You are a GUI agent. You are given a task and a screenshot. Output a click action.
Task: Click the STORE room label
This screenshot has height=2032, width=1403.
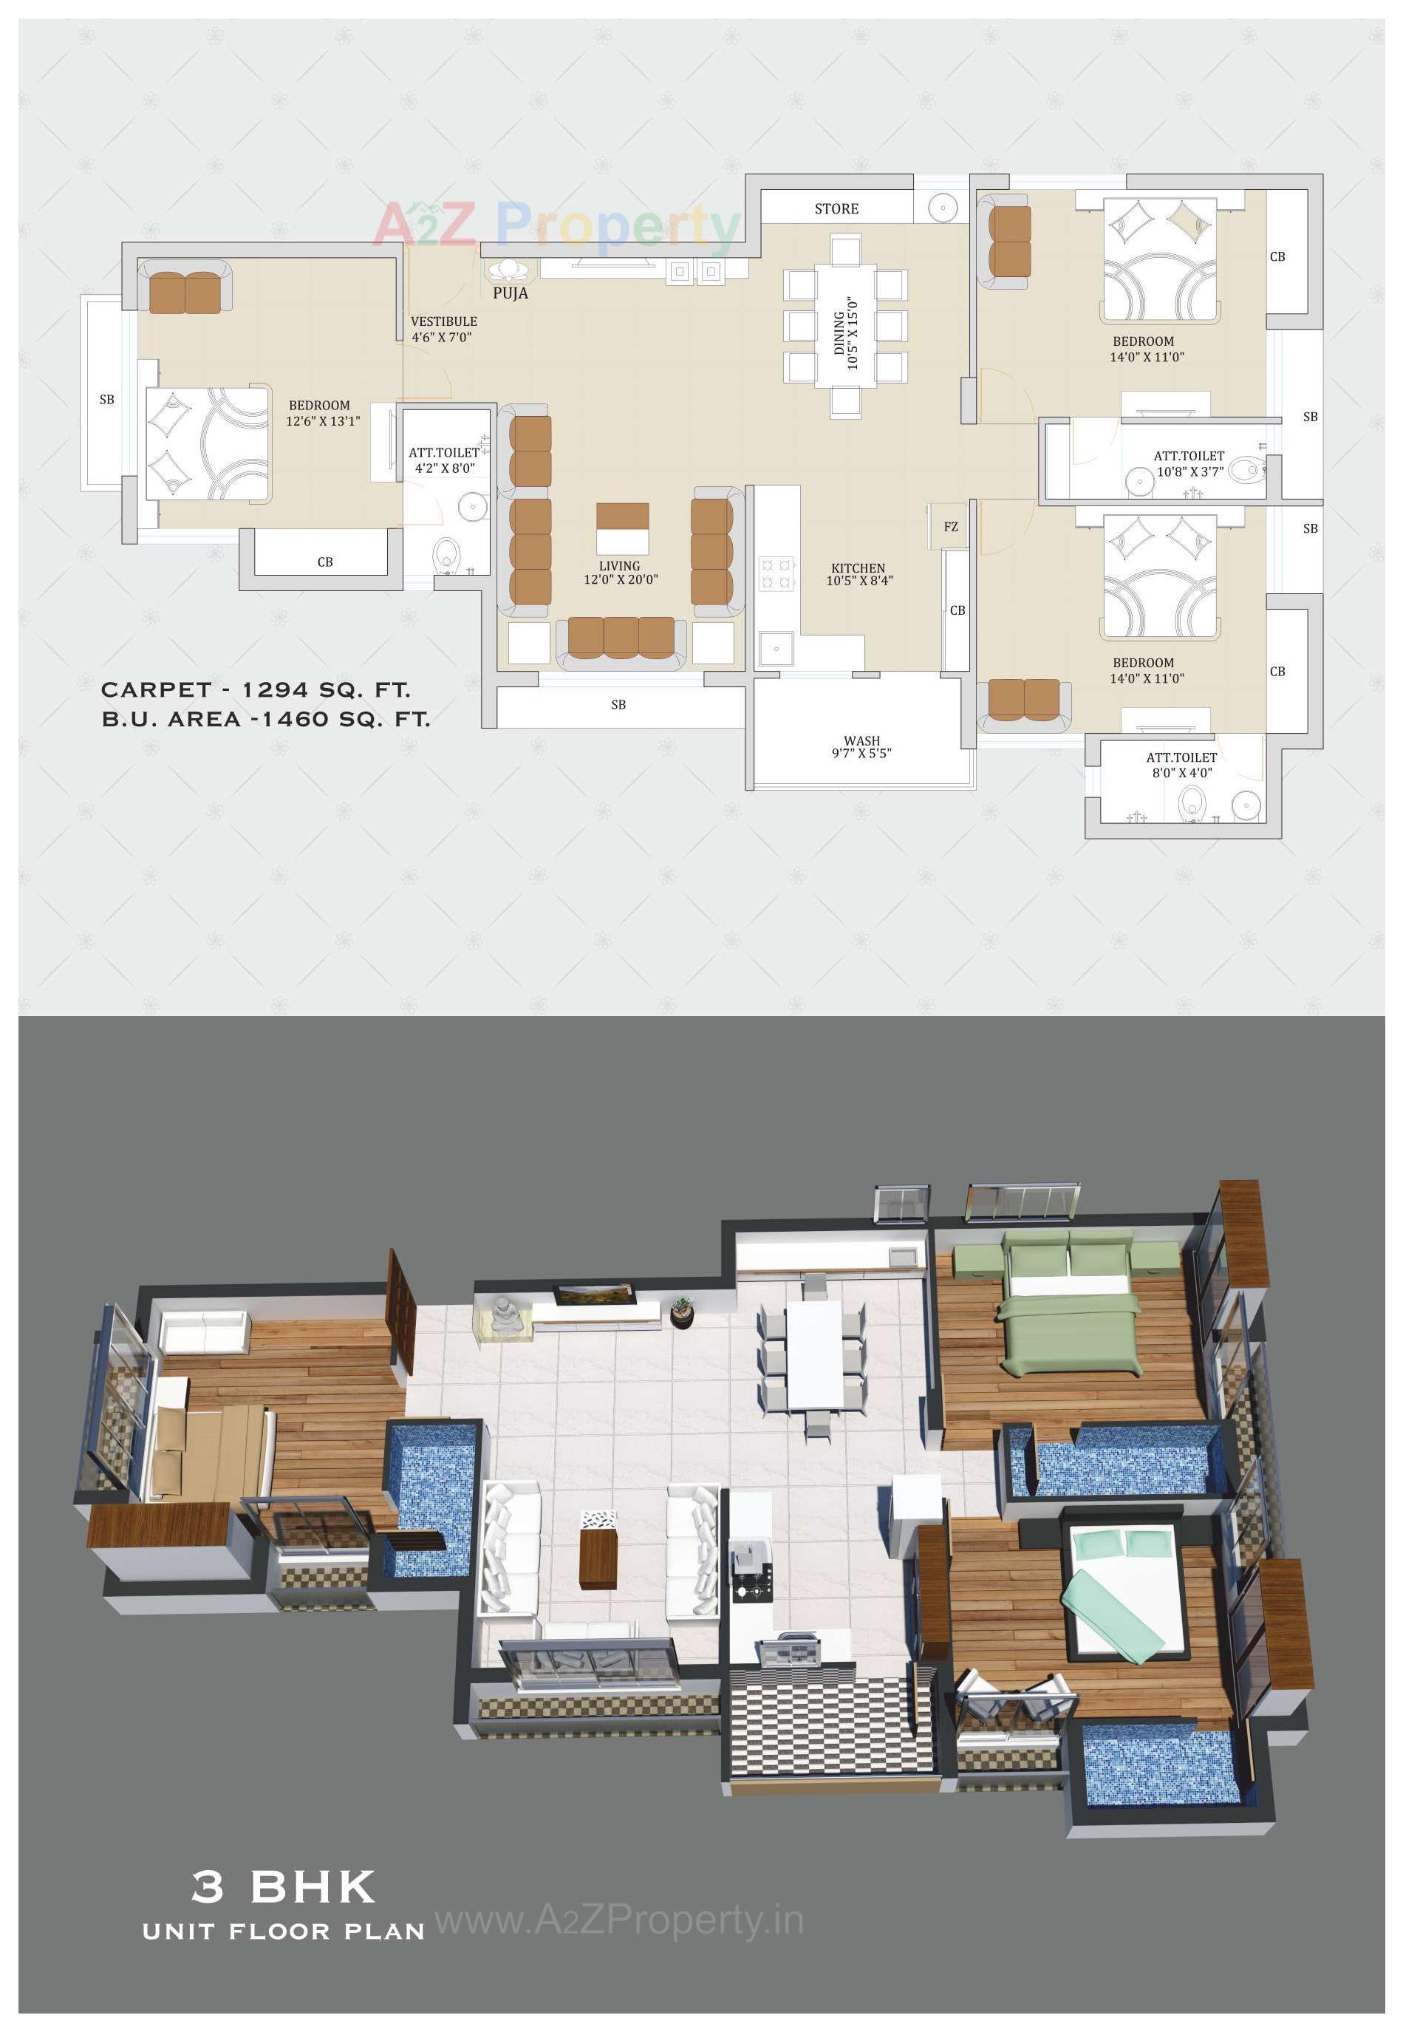tap(836, 208)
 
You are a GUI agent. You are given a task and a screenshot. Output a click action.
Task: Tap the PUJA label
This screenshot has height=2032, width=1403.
tap(510, 293)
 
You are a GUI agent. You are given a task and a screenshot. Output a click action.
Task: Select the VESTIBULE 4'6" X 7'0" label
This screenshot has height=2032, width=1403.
tap(444, 329)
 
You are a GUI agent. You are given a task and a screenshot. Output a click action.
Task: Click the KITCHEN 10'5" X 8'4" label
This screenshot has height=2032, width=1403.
tap(858, 574)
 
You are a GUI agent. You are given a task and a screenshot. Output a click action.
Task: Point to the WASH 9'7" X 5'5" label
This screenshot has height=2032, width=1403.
tap(861, 746)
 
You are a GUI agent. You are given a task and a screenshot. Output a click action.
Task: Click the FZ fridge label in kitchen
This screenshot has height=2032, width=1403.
tap(950, 527)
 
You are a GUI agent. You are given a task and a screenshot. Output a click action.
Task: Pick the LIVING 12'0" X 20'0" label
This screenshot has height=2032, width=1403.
tap(620, 573)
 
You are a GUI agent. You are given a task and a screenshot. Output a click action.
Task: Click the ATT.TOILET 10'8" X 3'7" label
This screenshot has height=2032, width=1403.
tap(1189, 463)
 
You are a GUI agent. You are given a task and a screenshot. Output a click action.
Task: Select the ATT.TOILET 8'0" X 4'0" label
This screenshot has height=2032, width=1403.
tap(1181, 764)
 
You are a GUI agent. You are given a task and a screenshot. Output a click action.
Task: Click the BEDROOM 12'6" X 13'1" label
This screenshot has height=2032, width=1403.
tap(321, 413)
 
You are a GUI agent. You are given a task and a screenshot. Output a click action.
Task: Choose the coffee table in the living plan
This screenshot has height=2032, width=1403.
tap(622, 528)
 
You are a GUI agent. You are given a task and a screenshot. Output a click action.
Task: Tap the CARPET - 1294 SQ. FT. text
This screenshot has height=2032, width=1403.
tap(256, 690)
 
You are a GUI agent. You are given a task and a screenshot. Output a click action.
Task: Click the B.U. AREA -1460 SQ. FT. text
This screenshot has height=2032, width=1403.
tap(265, 719)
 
